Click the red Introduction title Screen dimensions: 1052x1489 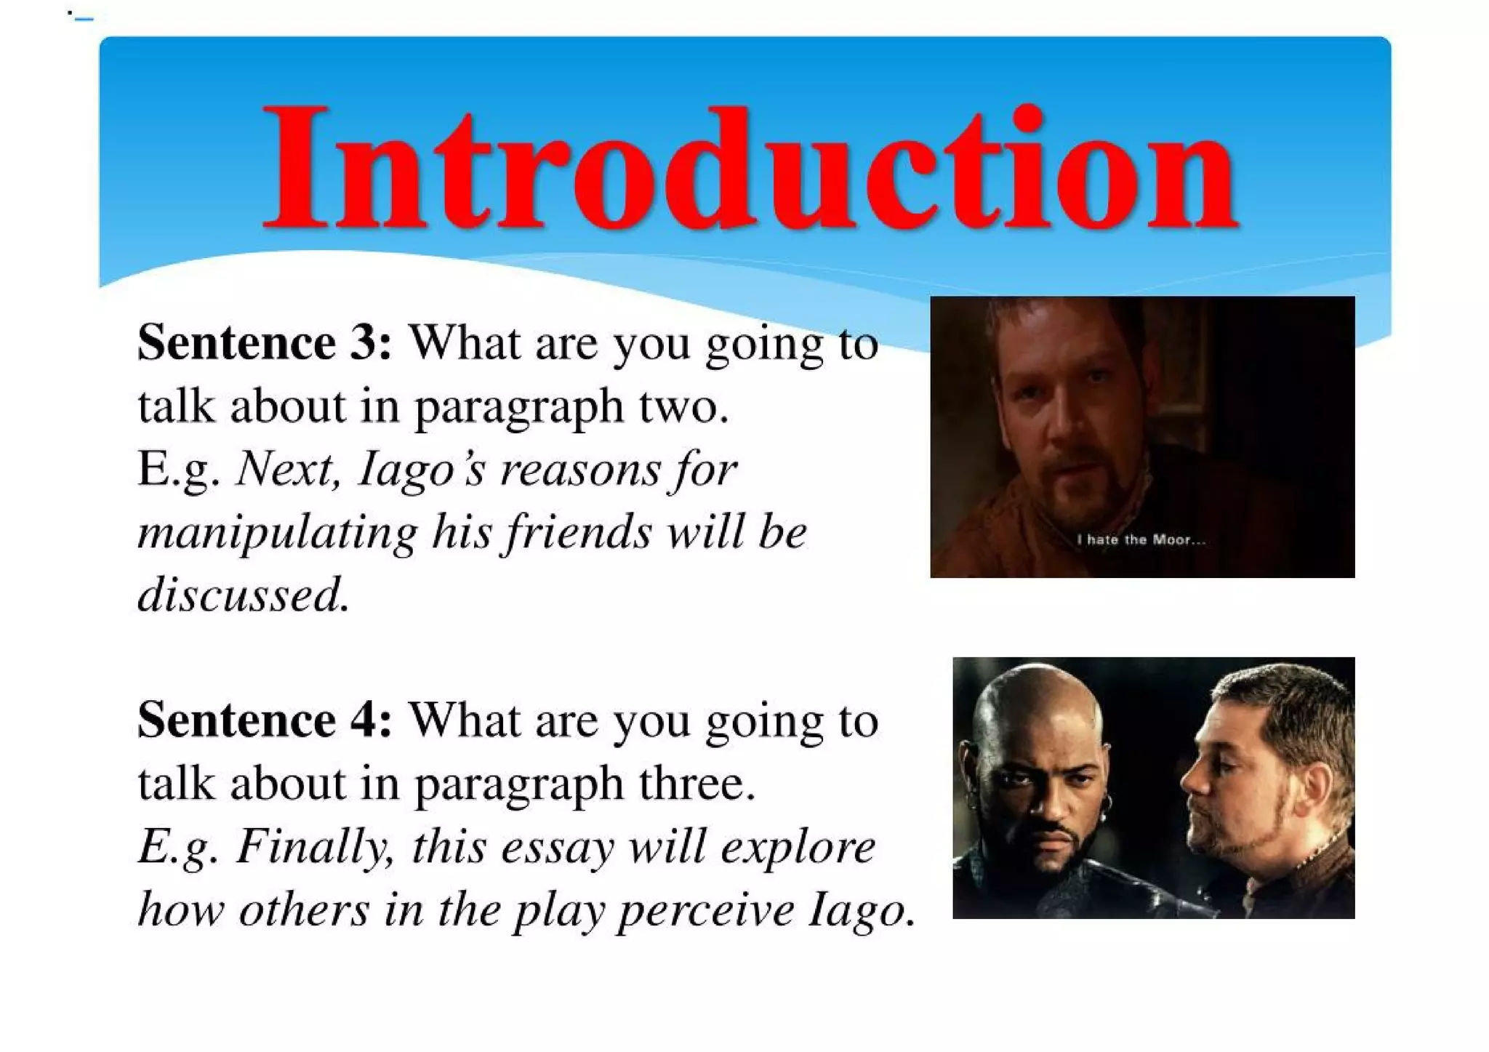[x=750, y=169]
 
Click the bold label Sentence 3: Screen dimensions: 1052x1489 [x=265, y=342]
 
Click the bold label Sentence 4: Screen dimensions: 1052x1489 [x=265, y=720]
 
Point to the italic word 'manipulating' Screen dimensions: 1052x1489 [x=278, y=533]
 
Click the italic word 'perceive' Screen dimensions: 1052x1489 [x=705, y=910]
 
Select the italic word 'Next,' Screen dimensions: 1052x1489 [x=288, y=469]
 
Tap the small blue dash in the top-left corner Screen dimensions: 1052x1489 [x=84, y=18]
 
